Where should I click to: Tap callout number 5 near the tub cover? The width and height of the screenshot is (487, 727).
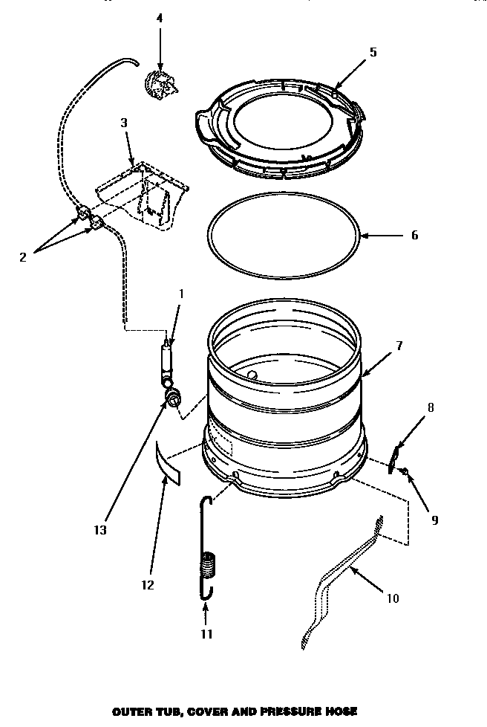pos(373,52)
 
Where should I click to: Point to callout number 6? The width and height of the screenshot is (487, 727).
pos(414,236)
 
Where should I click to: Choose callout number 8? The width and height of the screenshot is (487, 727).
pos(431,407)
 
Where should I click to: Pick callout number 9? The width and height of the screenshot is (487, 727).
pos(435,520)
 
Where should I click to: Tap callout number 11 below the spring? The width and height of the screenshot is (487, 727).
pos(206,634)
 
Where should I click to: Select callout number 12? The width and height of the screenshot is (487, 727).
pos(147,585)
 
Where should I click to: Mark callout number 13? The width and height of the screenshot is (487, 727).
pos(99,530)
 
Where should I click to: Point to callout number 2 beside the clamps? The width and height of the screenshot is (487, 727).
pos(22,257)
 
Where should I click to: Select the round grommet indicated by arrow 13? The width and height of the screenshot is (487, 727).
pos(173,398)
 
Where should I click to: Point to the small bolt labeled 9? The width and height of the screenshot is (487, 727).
pos(405,471)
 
